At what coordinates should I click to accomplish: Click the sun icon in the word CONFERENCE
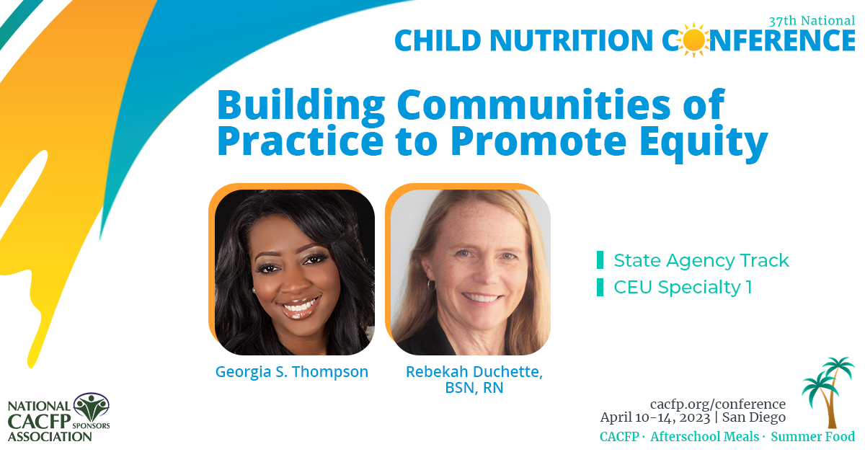693,40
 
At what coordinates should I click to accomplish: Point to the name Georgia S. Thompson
292,372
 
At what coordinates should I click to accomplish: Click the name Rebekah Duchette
474,372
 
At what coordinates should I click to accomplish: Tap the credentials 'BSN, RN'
474,389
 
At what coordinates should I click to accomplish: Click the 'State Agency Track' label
701,260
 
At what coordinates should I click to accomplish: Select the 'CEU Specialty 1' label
683,288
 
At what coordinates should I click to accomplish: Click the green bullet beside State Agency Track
600,260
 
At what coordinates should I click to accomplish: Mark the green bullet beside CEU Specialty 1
600,288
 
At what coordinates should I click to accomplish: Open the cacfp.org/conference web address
717,404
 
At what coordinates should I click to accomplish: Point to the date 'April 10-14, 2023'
655,417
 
